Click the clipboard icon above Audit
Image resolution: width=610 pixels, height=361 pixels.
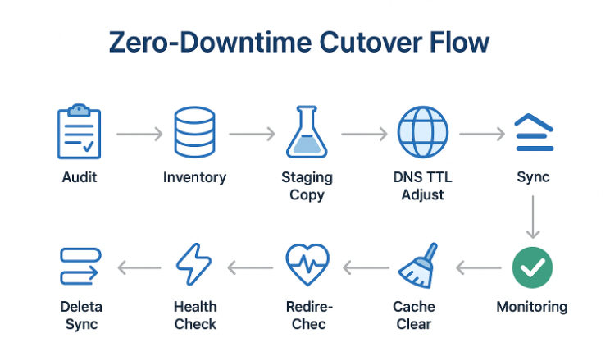coord(80,131)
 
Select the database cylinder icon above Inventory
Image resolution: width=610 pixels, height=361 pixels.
coord(194,132)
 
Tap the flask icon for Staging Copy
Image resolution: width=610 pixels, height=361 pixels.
coord(307,132)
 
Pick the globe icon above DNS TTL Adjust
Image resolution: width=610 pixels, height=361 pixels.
coord(422,132)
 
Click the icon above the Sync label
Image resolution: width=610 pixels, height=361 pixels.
coord(533,132)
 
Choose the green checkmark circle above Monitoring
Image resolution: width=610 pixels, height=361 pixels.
coord(532,267)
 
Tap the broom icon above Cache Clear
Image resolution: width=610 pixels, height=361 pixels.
coord(421,266)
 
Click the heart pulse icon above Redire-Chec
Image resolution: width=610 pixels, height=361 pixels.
coord(307,265)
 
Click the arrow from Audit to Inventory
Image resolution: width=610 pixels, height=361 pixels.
coord(139,133)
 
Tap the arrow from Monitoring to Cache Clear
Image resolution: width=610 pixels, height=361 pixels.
coord(478,267)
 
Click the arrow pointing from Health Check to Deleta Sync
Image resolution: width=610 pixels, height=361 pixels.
coord(139,267)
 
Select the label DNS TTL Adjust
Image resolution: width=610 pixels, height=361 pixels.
coord(423,186)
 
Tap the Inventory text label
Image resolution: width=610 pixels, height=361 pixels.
coord(194,177)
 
